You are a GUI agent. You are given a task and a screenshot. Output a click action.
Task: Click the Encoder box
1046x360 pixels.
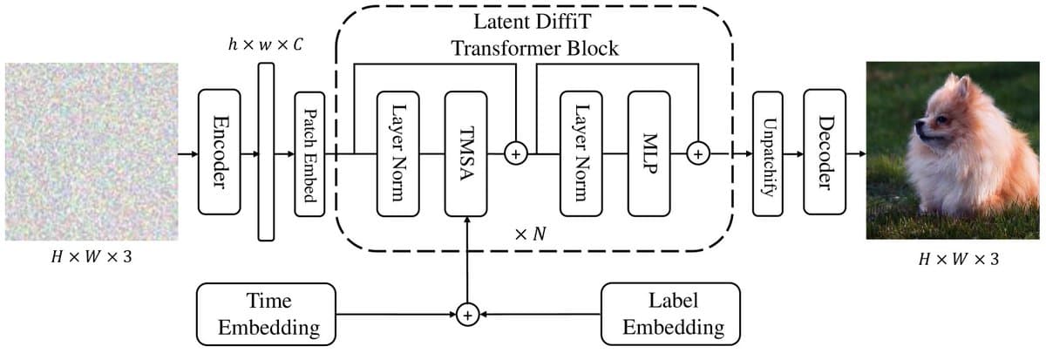219,152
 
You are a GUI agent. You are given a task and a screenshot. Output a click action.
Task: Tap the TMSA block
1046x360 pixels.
468,153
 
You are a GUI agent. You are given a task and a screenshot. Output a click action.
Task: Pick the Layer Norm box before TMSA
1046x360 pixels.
397,153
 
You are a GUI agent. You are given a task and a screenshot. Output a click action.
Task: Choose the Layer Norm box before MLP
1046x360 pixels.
581,153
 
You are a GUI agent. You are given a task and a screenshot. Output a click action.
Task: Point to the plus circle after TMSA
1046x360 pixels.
517,154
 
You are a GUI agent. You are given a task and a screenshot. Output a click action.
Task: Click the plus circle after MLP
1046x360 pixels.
698,154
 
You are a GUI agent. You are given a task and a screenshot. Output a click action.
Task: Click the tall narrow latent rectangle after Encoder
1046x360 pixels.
266,152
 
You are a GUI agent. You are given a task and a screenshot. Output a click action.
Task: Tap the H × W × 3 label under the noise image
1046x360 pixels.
90,259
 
